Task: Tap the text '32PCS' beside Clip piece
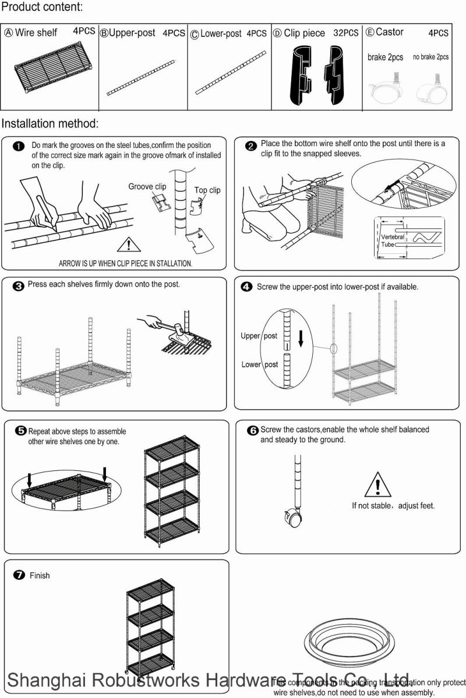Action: (x=347, y=33)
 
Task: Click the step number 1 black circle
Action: (x=19, y=146)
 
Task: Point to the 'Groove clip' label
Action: (x=147, y=186)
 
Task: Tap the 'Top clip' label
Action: (x=207, y=190)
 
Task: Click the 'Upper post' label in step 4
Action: (x=259, y=336)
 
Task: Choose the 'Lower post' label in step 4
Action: (x=259, y=364)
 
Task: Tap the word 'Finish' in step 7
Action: (x=40, y=575)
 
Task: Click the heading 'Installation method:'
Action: (x=50, y=123)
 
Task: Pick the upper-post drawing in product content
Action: (x=141, y=77)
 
